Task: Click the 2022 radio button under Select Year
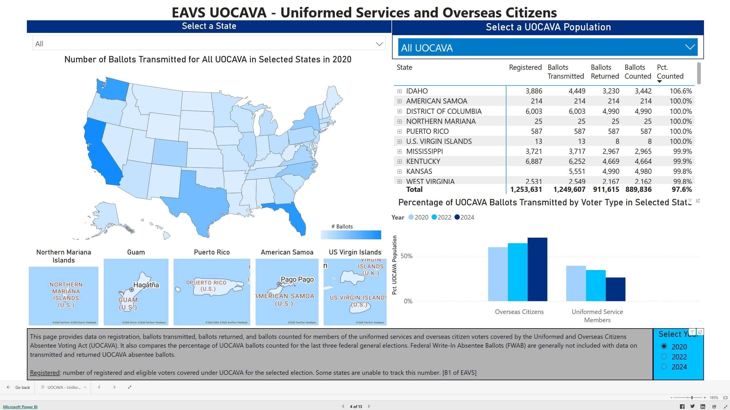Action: tap(664, 357)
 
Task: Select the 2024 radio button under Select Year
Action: tap(664, 367)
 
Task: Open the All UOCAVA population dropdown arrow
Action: tap(690, 47)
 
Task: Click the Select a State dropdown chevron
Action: tap(379, 44)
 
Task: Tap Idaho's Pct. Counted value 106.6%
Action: tap(681, 91)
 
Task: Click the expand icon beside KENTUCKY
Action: tap(399, 162)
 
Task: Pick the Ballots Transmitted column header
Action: tap(565, 72)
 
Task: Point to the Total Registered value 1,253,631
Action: tap(526, 190)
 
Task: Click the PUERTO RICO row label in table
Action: tap(427, 132)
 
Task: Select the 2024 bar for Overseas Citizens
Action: tap(537, 269)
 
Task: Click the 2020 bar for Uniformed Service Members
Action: tap(576, 283)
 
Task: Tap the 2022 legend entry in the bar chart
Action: tap(441, 217)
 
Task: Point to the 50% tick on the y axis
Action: tap(406, 256)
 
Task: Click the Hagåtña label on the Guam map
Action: tap(146, 285)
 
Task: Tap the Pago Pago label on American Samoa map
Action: tap(297, 279)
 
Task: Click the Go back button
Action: tap(19, 387)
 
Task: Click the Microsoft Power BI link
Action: tap(20, 407)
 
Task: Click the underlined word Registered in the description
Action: tap(45, 373)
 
